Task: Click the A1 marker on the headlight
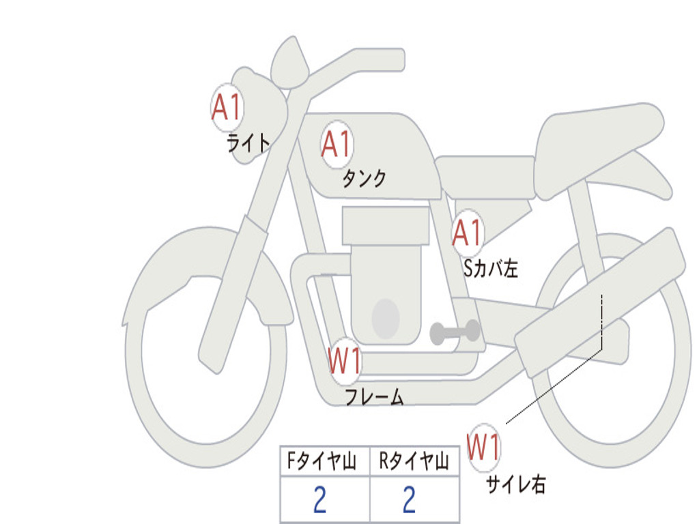pos(227,107)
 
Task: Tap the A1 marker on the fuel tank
pos(337,145)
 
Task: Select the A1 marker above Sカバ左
pos(468,233)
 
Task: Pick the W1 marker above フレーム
pos(345,362)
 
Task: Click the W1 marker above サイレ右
pos(484,448)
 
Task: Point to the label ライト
pos(248,143)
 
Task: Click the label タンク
pos(364,179)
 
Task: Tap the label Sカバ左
pos(491,269)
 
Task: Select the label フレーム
pos(374,397)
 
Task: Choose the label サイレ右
pos(516,484)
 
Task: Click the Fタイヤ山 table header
pos(321,463)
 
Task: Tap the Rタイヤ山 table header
pos(414,463)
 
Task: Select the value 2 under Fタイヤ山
pos(319,501)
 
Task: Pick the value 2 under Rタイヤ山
pos(409,501)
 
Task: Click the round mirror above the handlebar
pos(289,63)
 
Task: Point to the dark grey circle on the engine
pos(386,318)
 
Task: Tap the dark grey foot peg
pos(455,332)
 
